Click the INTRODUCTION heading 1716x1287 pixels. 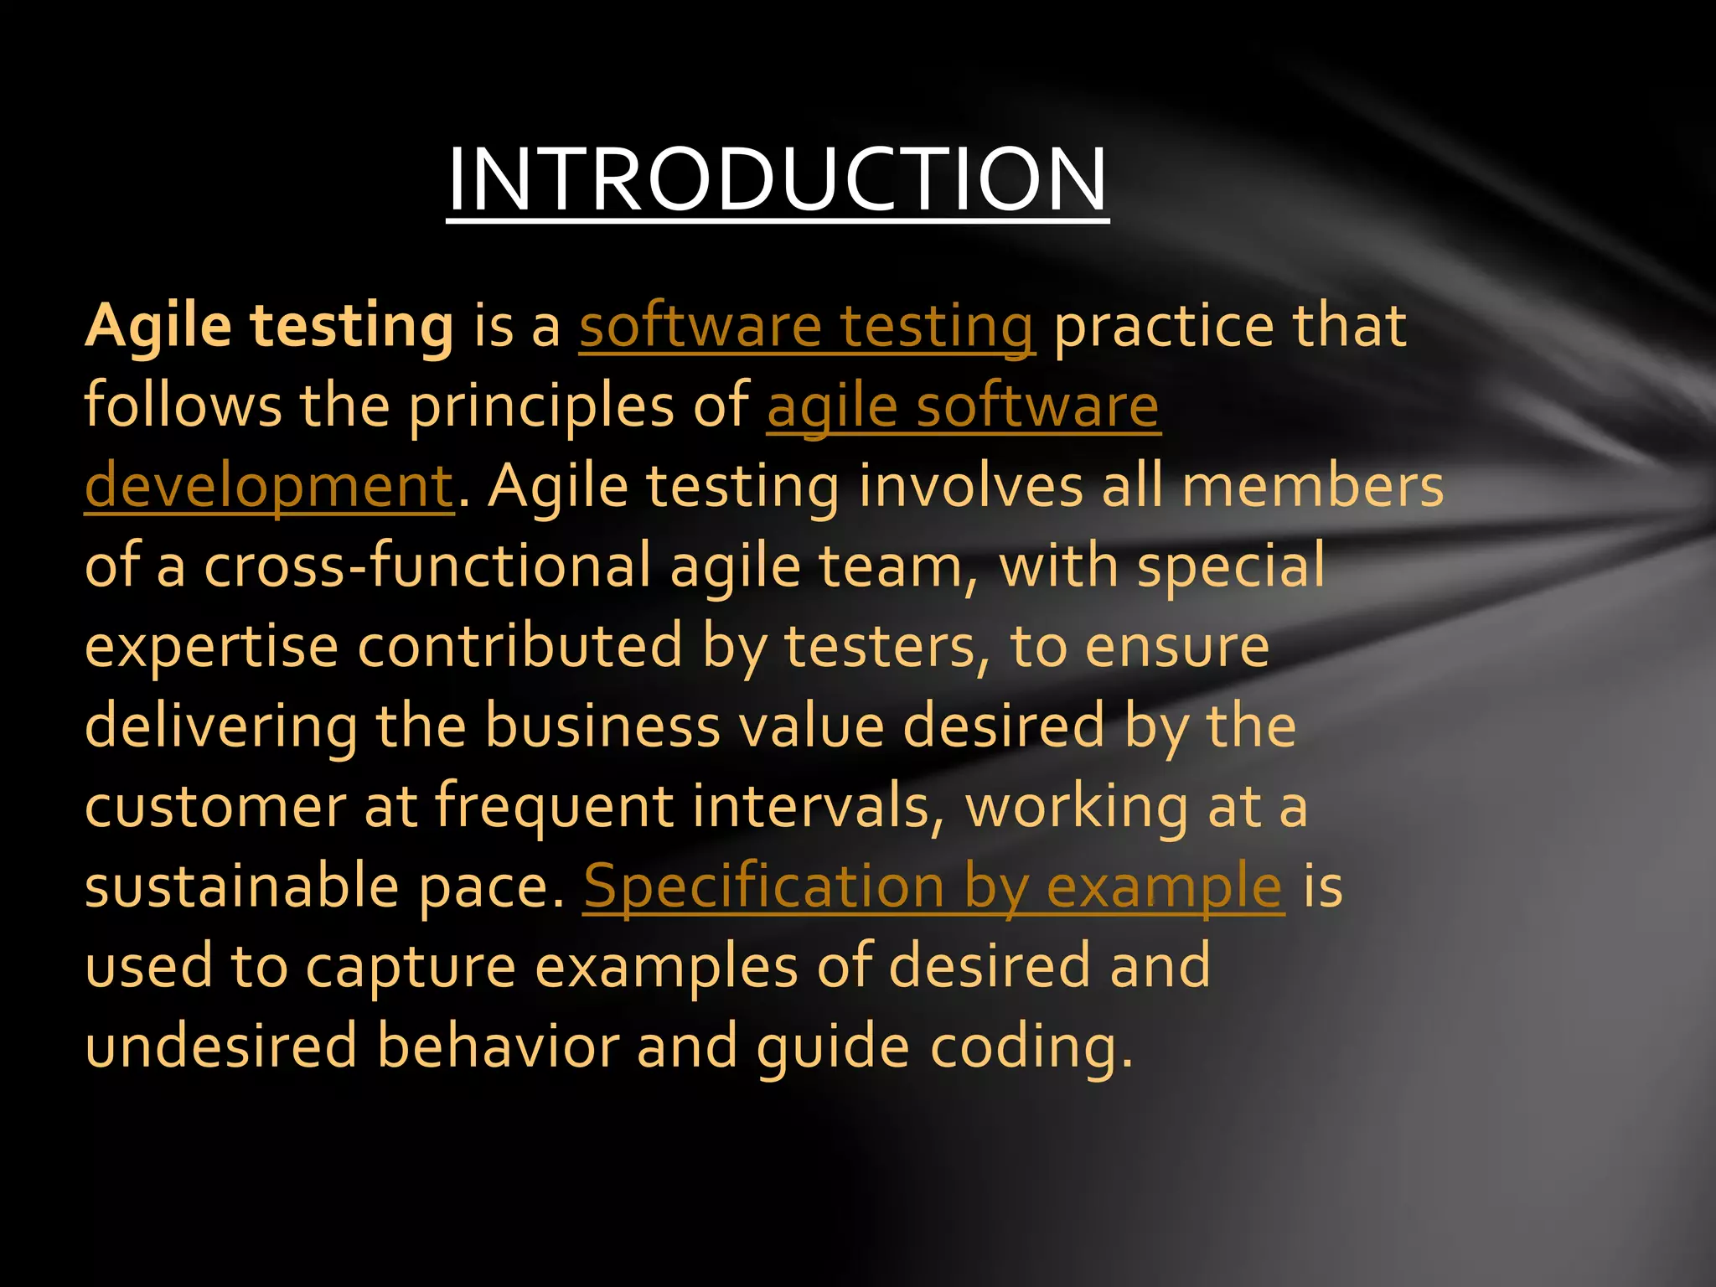tap(777, 179)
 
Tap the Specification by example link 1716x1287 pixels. tap(933, 886)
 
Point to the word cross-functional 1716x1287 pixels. tap(428, 566)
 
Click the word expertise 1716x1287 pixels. tap(211, 646)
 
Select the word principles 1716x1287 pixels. tap(541, 406)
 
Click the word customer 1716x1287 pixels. tap(215, 806)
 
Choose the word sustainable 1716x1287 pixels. tap(241, 886)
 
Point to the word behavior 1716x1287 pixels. tap(498, 1047)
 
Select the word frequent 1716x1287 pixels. tap(554, 806)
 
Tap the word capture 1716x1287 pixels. tap(411, 967)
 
